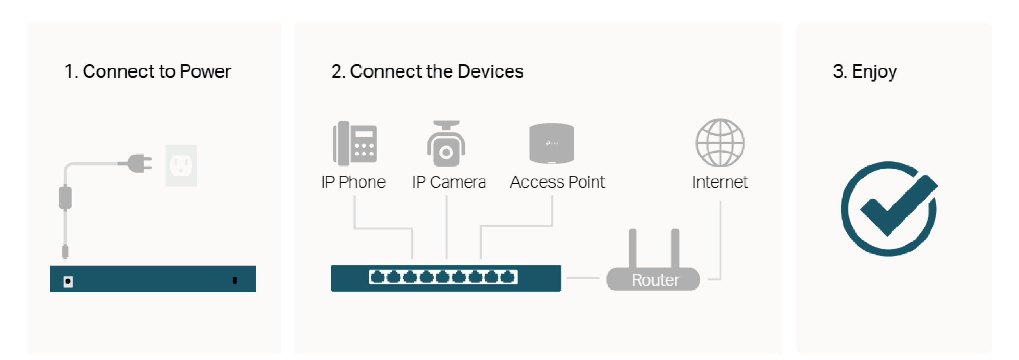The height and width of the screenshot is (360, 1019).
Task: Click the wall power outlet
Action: point(181,165)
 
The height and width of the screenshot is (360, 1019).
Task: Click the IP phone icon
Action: point(355,143)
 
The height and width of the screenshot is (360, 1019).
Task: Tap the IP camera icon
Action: point(446,144)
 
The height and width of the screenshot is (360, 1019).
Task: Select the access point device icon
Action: point(551,143)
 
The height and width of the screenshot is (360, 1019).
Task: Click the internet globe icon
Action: point(720,143)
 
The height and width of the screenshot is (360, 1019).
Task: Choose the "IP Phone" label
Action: point(353,182)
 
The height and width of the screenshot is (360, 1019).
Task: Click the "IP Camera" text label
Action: point(449,182)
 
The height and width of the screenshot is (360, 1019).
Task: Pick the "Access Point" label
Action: point(557,182)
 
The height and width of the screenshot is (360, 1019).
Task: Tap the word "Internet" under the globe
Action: point(720,182)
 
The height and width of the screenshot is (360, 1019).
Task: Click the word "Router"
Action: point(655,280)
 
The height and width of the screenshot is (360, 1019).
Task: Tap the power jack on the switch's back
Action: point(68,281)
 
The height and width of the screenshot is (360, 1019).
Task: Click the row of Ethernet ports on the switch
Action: point(443,277)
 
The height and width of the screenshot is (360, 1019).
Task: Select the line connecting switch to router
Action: point(583,278)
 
